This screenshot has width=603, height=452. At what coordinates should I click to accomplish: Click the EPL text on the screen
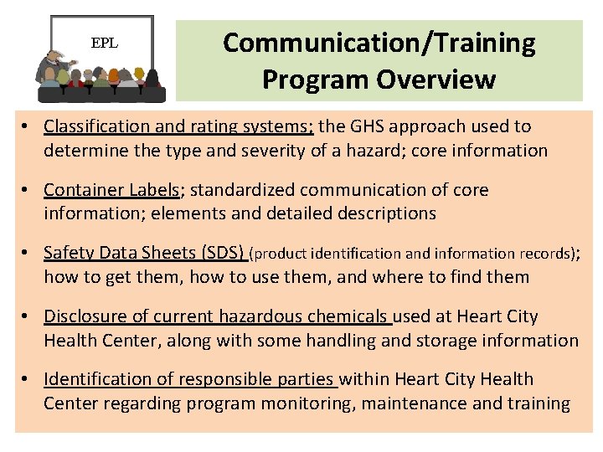click(x=105, y=43)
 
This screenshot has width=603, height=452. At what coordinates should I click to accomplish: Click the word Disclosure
click(x=84, y=316)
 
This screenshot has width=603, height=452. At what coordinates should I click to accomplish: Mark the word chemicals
click(x=350, y=316)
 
